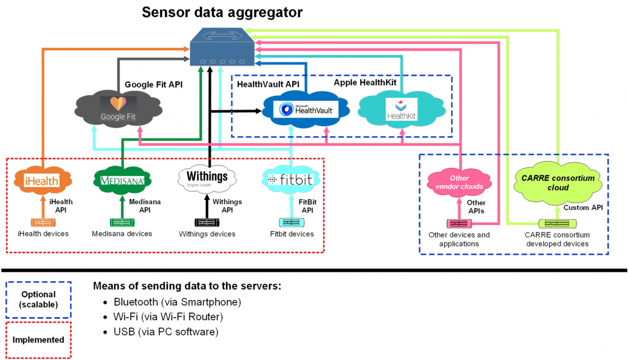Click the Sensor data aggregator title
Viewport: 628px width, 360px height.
point(222,12)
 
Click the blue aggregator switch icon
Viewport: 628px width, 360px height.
point(222,48)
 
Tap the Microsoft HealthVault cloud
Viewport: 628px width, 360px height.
point(307,109)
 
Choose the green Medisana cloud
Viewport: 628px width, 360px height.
point(122,179)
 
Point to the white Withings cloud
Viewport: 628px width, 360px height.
point(207,178)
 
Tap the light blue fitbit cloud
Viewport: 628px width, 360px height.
point(291,179)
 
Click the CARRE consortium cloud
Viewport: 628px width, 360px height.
point(558,183)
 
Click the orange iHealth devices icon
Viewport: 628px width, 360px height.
point(43,222)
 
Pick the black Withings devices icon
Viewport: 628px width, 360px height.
point(207,222)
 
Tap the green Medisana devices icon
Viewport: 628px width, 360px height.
point(122,222)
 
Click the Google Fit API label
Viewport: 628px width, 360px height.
point(153,84)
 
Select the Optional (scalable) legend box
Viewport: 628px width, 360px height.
point(38,300)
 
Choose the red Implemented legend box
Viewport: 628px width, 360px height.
point(38,340)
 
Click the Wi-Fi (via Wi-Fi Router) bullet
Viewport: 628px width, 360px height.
point(168,317)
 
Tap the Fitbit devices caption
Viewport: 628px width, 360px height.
point(291,234)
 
